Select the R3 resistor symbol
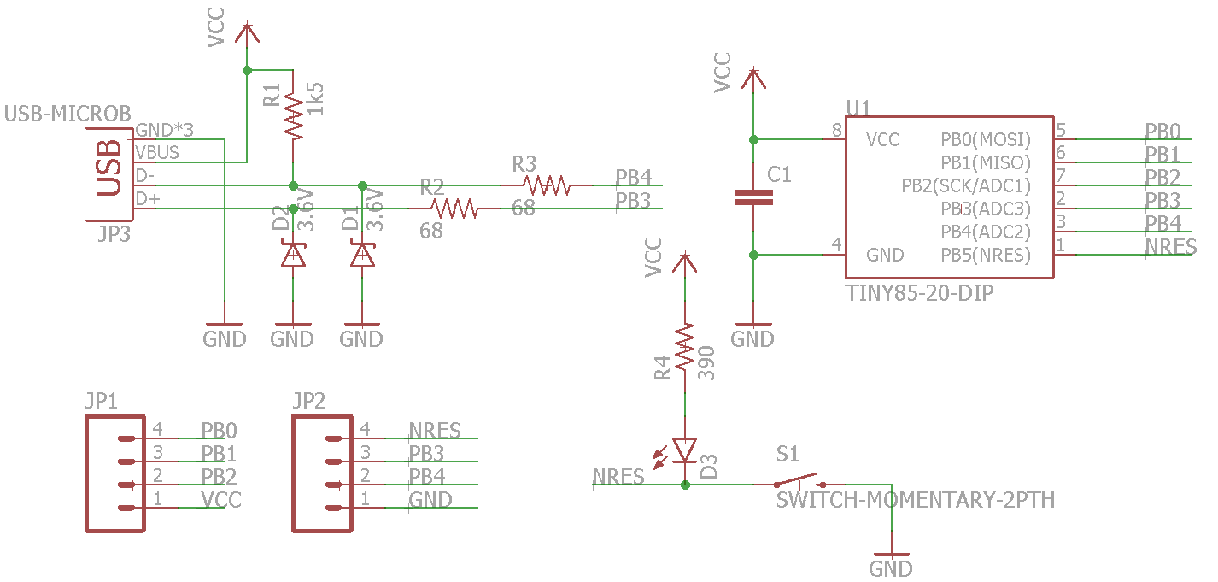coord(547,185)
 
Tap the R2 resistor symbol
coord(453,208)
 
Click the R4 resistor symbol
coord(684,347)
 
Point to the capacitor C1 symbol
coord(753,197)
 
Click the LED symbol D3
coord(684,450)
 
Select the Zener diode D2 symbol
coord(293,255)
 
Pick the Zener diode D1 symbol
coord(362,255)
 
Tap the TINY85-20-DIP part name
coord(919,293)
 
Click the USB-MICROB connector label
coord(68,114)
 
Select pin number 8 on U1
coord(836,130)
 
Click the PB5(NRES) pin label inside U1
coord(985,255)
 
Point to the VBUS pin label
coord(157,153)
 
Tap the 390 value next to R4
coord(706,363)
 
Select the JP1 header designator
coord(102,401)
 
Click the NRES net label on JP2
coord(435,430)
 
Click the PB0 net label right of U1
coord(1162,131)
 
